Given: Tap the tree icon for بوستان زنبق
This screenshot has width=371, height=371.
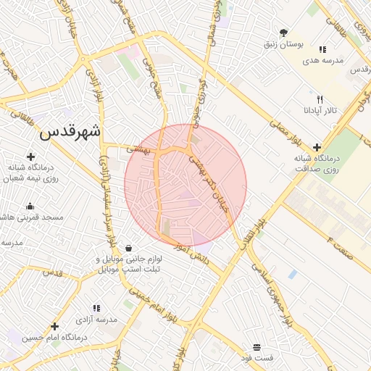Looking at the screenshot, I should click(x=283, y=33).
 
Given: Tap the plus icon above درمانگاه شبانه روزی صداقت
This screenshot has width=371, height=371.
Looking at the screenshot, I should click(x=317, y=146).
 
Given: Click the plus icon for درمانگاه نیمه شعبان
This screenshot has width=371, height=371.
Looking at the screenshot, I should click(x=30, y=156).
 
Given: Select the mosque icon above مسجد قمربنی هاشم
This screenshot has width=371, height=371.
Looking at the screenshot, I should click(x=30, y=206).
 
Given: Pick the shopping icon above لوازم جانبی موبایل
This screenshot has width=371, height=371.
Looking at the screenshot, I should click(x=128, y=248).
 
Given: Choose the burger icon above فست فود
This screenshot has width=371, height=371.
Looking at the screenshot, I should click(x=257, y=347).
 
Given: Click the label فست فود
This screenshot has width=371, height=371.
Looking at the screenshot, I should click(x=257, y=358).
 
